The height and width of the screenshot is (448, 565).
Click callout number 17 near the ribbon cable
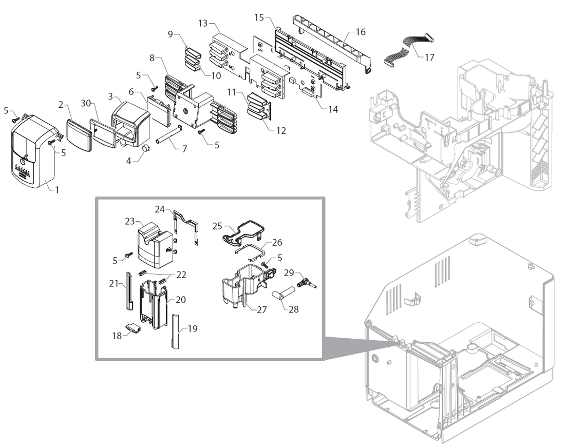(x=429, y=57)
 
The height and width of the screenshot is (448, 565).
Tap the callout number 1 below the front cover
(x=57, y=190)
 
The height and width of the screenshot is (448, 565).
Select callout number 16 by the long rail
(x=360, y=32)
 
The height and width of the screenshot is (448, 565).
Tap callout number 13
(x=203, y=23)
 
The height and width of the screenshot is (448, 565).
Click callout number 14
(x=333, y=110)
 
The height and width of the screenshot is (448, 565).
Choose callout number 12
(x=280, y=131)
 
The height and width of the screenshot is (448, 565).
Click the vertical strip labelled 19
(x=175, y=331)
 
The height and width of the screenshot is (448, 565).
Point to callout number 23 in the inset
(x=129, y=222)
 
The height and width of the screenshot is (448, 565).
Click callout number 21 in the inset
(x=114, y=283)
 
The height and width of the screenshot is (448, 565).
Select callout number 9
(x=171, y=34)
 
